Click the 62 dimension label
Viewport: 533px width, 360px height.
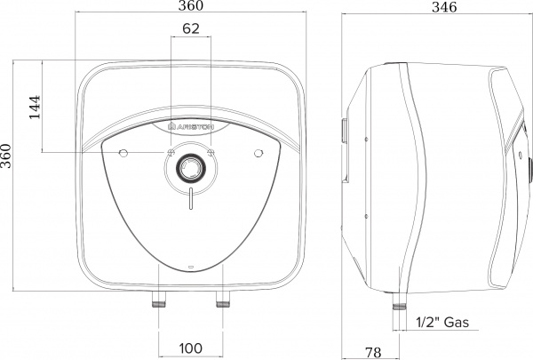[190, 28]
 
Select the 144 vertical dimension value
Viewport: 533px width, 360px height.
[35, 105]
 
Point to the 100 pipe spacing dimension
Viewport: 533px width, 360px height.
[191, 348]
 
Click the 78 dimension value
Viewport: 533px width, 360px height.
[373, 351]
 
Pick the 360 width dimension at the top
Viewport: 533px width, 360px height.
[190, 8]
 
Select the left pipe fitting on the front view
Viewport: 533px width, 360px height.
[161, 300]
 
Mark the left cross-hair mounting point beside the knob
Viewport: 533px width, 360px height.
[169, 154]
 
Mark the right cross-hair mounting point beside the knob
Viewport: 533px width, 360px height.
[211, 154]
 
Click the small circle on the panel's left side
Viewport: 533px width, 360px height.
[123, 155]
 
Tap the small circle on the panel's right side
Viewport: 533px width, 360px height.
[257, 155]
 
